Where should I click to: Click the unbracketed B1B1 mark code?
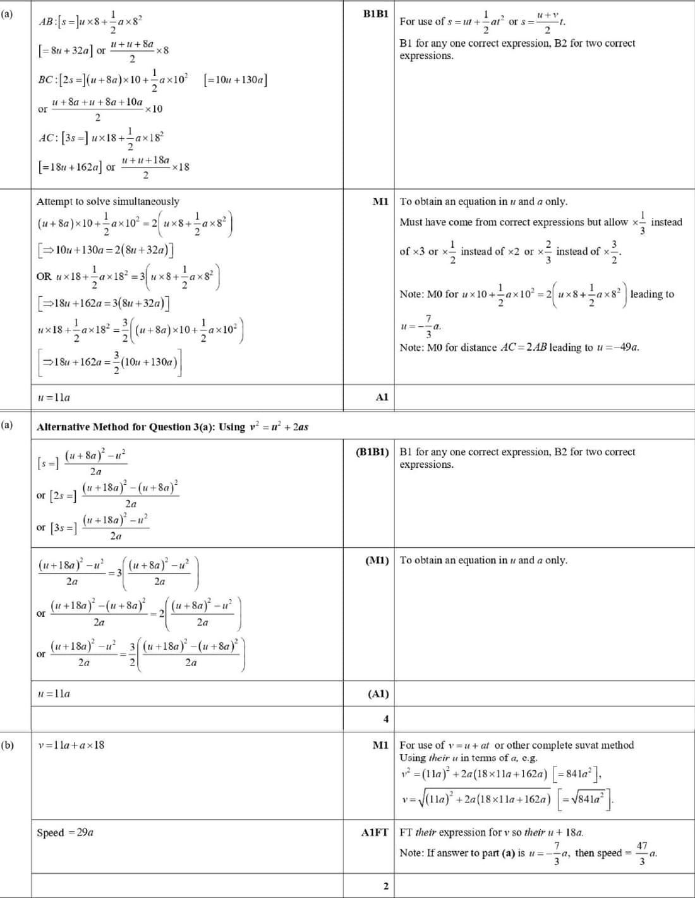click(376, 13)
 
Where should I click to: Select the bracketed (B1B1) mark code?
click(373, 452)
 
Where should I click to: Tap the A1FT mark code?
click(375, 832)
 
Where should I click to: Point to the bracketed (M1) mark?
click(377, 560)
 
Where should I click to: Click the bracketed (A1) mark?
click(378, 694)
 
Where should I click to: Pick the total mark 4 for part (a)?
click(386, 719)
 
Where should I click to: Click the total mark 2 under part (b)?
click(386, 886)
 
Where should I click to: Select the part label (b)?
click(8, 745)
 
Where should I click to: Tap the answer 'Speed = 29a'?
click(65, 832)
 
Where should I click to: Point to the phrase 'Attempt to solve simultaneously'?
click(108, 202)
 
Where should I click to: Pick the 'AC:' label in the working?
click(48, 138)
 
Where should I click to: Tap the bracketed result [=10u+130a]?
click(235, 80)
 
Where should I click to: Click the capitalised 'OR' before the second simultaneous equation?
click(44, 276)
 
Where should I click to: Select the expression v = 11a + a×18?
click(71, 745)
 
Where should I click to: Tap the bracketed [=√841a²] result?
click(586, 799)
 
